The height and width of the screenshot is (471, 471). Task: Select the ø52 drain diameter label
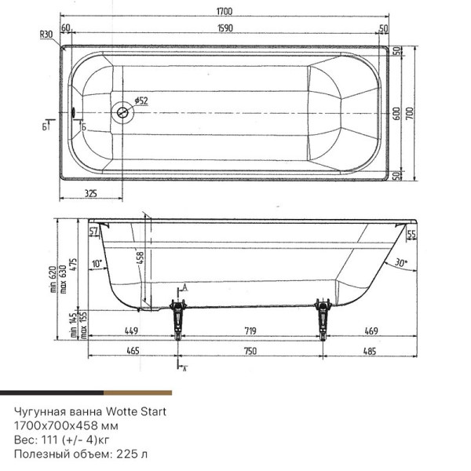click(141, 100)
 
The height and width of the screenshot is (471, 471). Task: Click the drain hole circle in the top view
click(122, 113)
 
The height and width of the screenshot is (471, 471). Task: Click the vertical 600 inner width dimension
click(397, 113)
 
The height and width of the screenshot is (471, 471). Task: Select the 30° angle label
click(402, 263)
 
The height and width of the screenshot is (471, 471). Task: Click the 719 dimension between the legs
click(246, 330)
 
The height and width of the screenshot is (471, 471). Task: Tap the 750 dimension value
click(250, 351)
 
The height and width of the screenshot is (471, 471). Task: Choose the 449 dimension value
click(132, 330)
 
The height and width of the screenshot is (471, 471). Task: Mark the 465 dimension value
click(132, 351)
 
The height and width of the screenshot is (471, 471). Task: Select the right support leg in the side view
click(323, 318)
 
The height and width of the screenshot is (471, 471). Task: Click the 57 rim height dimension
click(94, 231)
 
